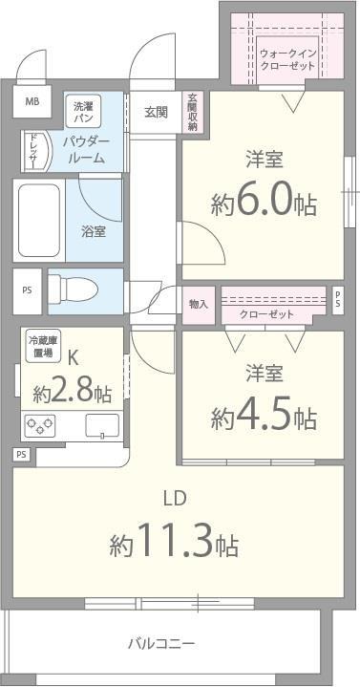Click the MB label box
[x=32, y=102]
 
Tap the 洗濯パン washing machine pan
[x=83, y=112]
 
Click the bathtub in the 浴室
[x=39, y=220]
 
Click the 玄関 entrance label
[x=156, y=112]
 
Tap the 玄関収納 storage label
[x=192, y=113]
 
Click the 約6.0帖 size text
[x=265, y=204]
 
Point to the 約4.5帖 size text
[x=265, y=417]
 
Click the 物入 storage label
[x=199, y=305]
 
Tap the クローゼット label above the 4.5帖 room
[x=266, y=314]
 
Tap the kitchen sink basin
[x=100, y=425]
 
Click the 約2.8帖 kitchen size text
[x=72, y=393]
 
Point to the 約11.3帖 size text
[x=174, y=545]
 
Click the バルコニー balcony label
[x=162, y=643]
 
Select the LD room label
[x=173, y=498]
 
